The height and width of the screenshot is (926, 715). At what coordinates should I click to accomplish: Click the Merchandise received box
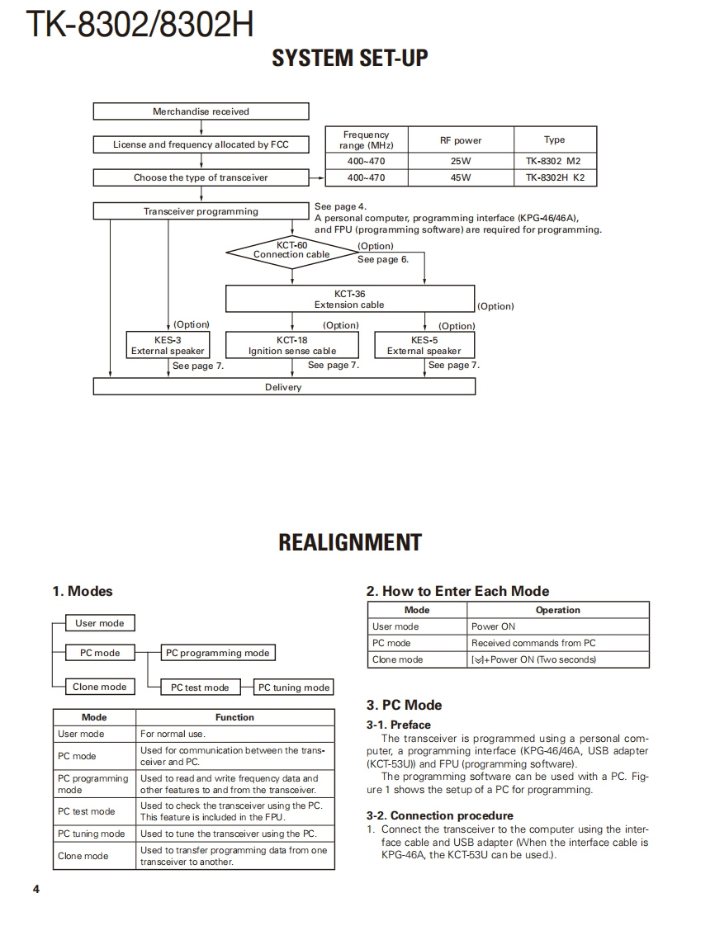[201, 111]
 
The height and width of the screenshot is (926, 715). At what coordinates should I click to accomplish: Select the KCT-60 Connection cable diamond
[291, 250]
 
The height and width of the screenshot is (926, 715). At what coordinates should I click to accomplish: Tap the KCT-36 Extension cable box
[349, 299]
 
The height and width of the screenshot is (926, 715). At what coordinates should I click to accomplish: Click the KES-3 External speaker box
[168, 345]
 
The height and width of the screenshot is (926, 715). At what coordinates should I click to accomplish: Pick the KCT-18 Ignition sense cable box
[292, 345]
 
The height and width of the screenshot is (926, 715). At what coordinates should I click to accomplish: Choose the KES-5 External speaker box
[424, 345]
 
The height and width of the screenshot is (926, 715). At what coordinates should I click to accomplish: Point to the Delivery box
[283, 387]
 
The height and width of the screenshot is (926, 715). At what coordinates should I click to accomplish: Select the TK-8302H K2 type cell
[554, 177]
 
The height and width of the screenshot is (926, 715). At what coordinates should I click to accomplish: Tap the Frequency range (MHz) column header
[366, 139]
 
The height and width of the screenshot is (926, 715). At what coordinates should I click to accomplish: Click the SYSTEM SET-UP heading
[350, 58]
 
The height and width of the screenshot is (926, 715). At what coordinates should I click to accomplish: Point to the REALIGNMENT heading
[350, 542]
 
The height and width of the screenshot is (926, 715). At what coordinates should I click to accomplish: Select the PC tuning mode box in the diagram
[294, 687]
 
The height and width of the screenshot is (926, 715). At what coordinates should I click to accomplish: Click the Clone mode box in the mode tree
[100, 687]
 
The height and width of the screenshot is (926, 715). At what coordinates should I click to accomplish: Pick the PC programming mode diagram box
[218, 653]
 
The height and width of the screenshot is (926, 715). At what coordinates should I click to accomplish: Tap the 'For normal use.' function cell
[234, 734]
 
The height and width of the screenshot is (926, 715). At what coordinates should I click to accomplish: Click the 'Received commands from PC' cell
[557, 643]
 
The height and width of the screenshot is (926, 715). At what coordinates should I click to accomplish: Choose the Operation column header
[557, 610]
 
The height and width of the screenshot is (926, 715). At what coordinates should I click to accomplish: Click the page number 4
[36, 889]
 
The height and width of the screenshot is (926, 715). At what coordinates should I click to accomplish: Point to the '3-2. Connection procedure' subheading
[439, 815]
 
